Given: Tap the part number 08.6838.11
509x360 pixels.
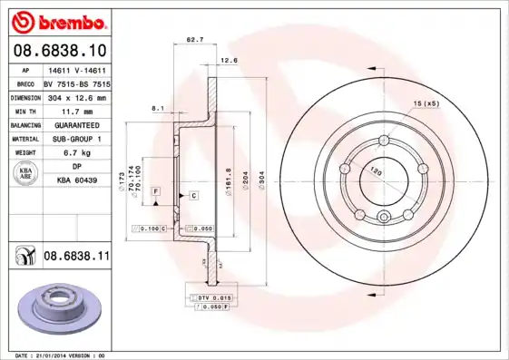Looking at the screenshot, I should point(76,257).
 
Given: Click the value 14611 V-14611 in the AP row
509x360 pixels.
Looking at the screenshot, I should point(75,70).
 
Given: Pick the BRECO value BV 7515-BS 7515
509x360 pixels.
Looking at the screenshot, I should point(77,83).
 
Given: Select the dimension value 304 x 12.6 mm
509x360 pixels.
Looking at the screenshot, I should point(76,97).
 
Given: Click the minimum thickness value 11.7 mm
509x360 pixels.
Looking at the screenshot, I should point(75,111).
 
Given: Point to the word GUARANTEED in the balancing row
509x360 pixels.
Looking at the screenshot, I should point(75,125).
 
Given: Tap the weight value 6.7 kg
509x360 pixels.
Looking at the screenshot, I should point(75,153).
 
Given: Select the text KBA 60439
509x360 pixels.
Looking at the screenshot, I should point(76,181).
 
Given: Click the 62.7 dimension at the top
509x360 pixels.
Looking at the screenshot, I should point(193,40).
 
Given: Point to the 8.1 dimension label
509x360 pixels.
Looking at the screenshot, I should point(157,108).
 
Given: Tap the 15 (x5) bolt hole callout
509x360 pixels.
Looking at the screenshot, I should point(426,103).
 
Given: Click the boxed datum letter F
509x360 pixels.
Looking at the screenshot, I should point(156,190).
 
